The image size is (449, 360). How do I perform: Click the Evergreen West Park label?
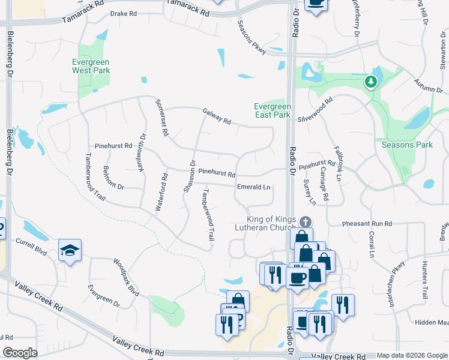point(91,66)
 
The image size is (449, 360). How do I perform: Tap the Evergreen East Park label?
point(272,110)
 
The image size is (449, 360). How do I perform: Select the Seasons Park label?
point(407,145)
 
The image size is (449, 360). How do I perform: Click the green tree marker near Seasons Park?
point(371,81)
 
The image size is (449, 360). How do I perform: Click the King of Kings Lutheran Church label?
point(270,223)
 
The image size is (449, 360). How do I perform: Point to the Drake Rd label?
point(124,13)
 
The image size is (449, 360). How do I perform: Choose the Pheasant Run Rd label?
point(367,224)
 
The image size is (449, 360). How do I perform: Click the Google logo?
point(20,353)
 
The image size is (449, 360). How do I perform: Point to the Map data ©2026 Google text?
point(412,356)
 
